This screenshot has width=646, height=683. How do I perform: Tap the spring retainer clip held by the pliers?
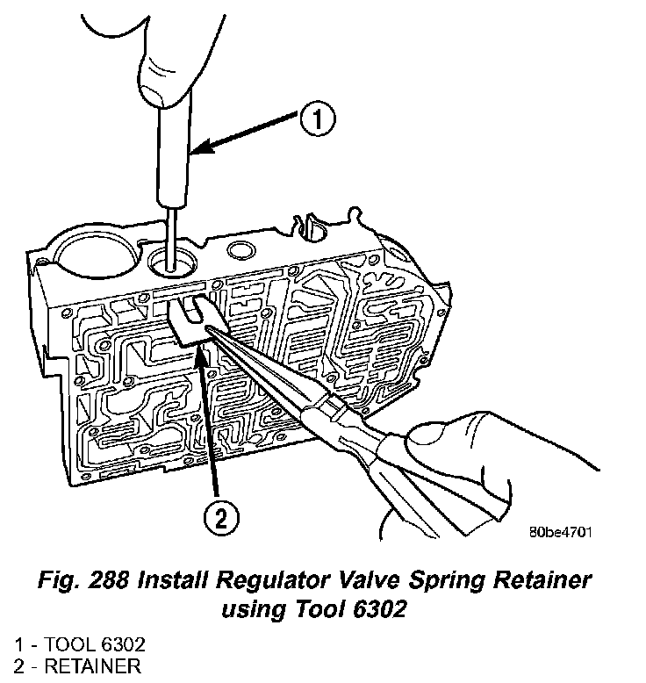190,321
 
